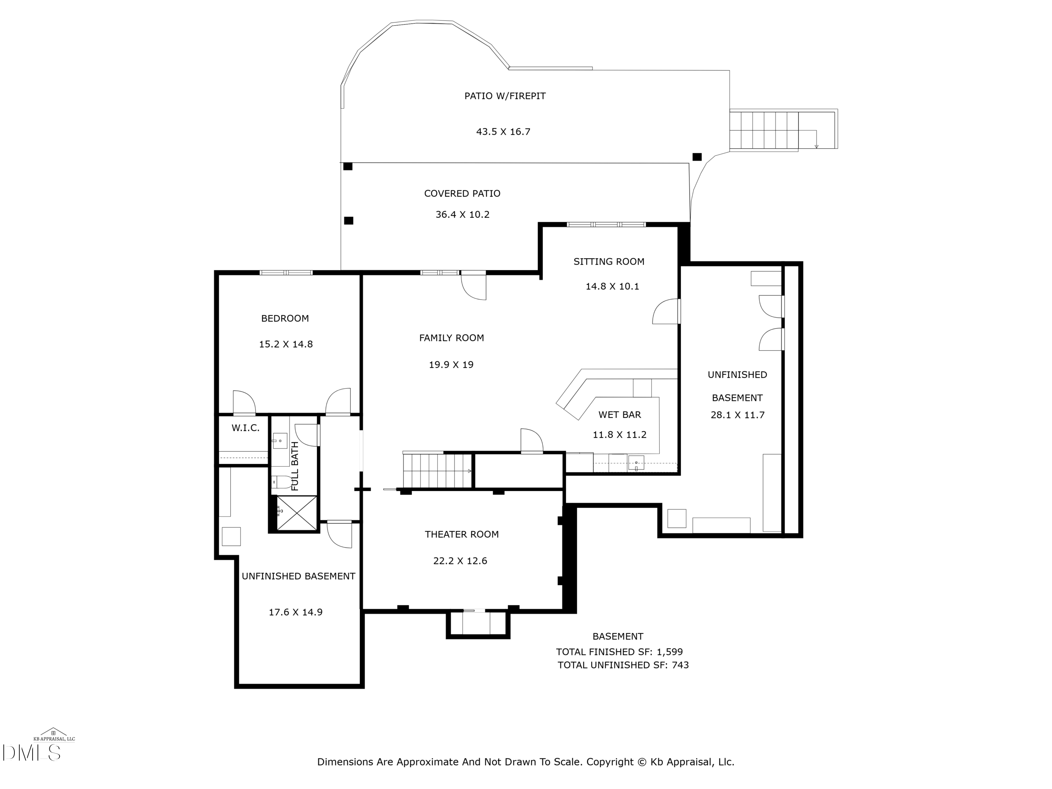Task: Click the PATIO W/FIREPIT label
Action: (x=505, y=96)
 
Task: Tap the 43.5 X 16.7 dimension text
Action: (x=503, y=132)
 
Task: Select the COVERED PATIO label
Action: (x=462, y=194)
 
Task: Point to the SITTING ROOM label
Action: (x=609, y=262)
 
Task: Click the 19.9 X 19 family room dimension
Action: (x=451, y=365)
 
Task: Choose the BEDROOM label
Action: (x=285, y=319)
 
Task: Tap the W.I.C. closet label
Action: (x=245, y=428)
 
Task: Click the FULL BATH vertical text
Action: (x=295, y=466)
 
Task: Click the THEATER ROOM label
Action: (x=461, y=534)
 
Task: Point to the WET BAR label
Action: (x=619, y=415)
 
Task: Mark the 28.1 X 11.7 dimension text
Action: (x=737, y=415)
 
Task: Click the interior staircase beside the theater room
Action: (x=437, y=471)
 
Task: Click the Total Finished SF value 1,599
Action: (x=670, y=652)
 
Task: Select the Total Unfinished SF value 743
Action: (x=680, y=665)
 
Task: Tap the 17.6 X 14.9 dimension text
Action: (x=295, y=613)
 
